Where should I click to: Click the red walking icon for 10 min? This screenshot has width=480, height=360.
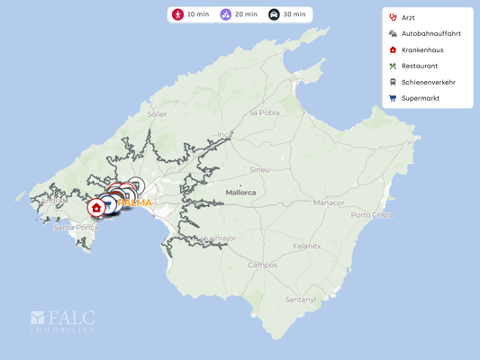pos(178,14)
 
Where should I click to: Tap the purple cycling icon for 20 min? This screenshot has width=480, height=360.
pos(226,14)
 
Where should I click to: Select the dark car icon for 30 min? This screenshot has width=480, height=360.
pos(274,14)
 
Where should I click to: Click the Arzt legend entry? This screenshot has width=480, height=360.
pos(408,17)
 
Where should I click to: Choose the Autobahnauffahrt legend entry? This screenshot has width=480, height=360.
pos(430,33)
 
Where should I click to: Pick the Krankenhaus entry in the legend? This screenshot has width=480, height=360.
pos(421,49)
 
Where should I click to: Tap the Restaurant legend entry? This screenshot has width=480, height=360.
pos(419,66)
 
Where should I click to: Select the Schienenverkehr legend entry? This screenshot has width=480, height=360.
pos(427,82)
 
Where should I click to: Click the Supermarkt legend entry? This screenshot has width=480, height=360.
pos(420,98)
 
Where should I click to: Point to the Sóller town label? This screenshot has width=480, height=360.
pos(157,114)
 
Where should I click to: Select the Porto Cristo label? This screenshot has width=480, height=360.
pos(372,214)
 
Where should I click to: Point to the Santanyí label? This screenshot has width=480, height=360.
pos(301,299)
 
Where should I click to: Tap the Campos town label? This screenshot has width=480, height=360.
pos(262,265)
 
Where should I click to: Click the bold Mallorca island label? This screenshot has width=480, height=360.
pos(240,192)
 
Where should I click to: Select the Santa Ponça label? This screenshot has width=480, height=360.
pos(75,228)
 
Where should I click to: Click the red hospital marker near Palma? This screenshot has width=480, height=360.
pos(96,208)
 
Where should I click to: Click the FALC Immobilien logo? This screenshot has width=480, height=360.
pos(63,322)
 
